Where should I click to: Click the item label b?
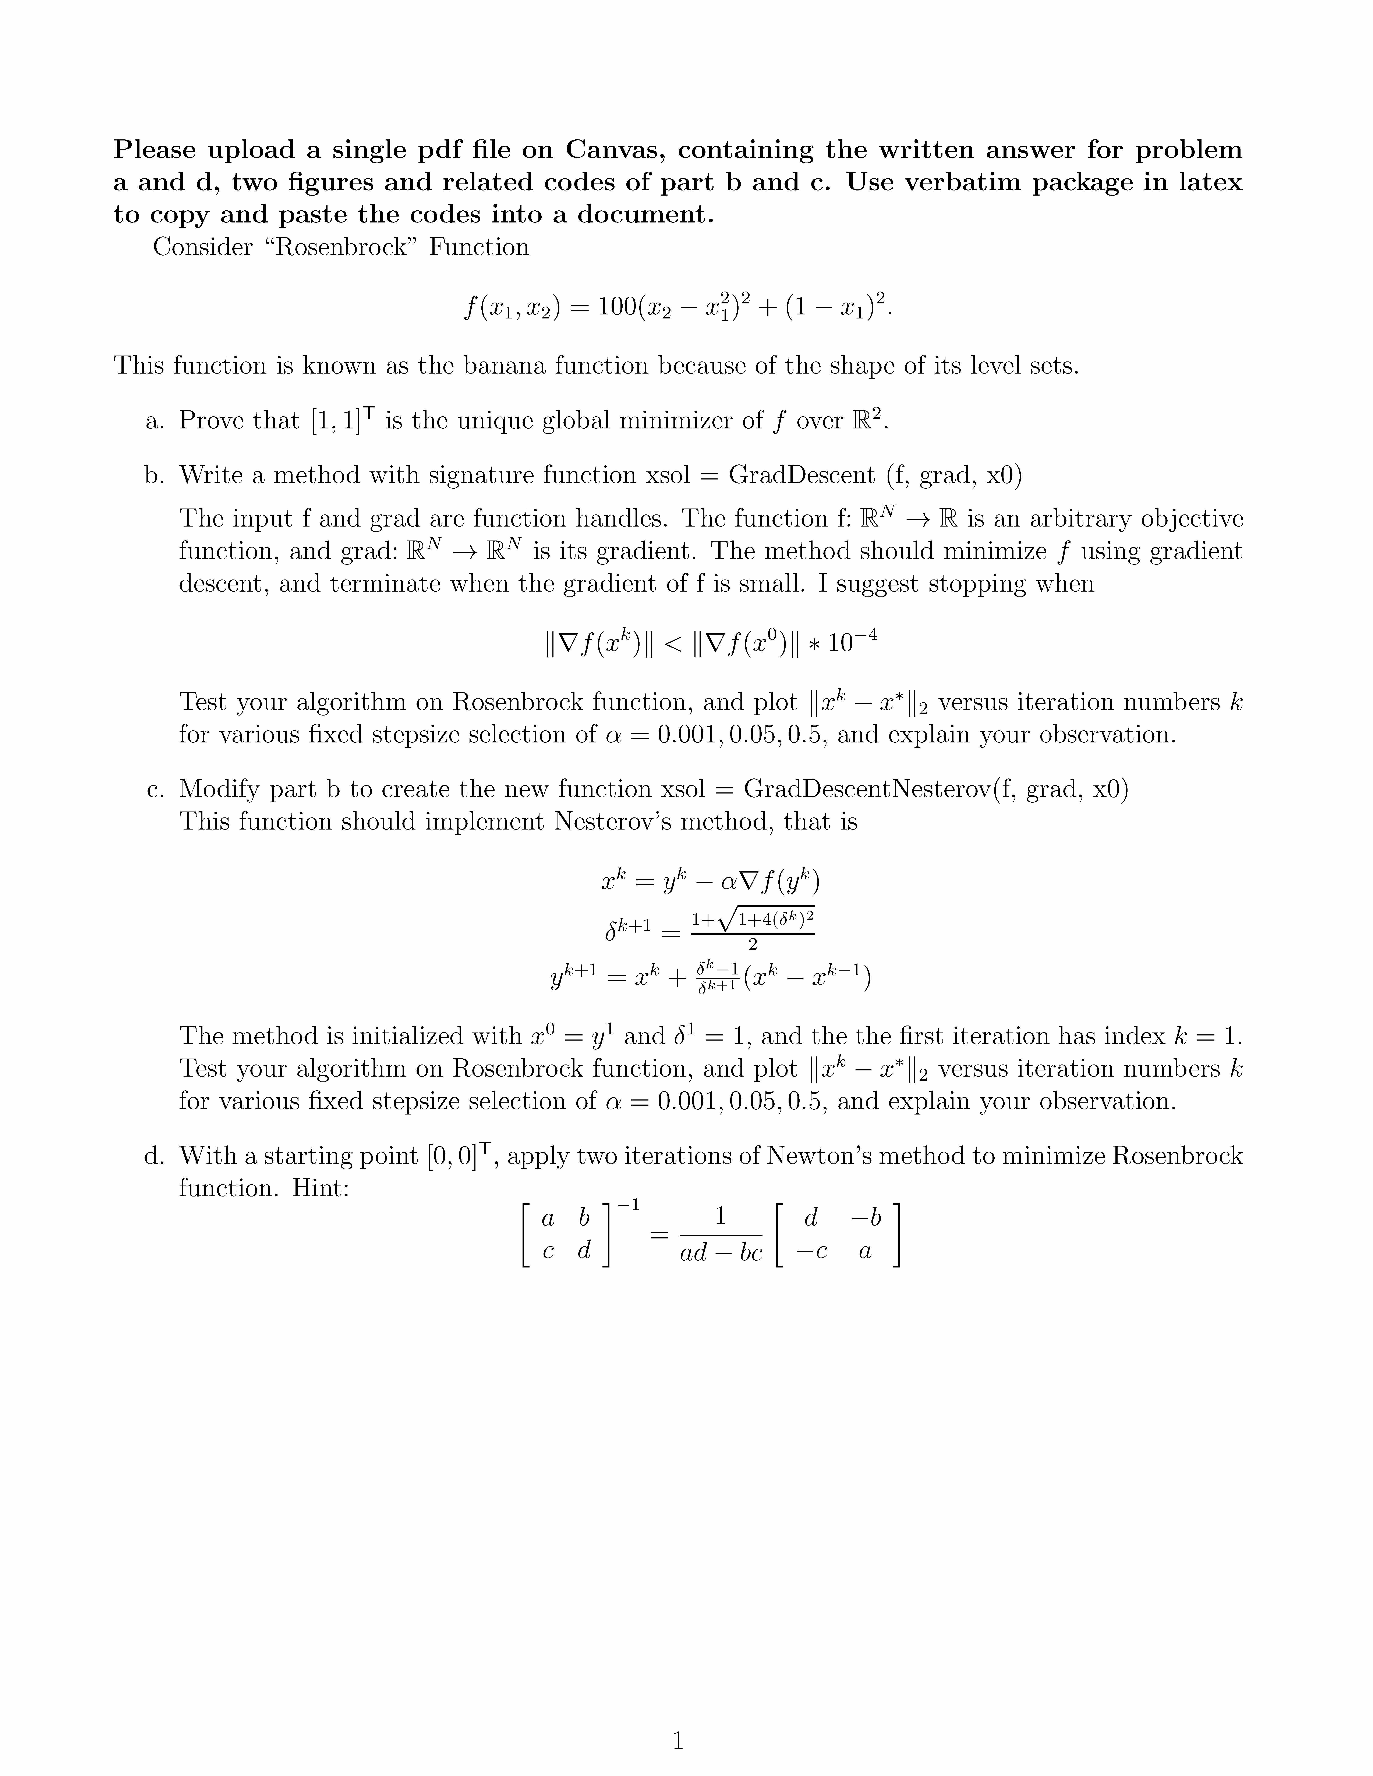tap(154, 475)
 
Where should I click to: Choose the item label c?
tap(154, 789)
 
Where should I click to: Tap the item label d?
tap(154, 1156)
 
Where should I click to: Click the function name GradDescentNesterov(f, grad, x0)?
tap(935, 789)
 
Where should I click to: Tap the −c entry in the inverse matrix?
tap(811, 1252)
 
